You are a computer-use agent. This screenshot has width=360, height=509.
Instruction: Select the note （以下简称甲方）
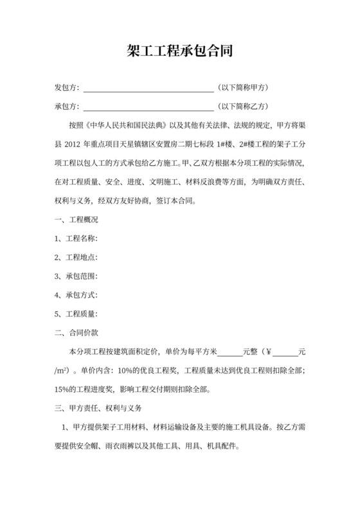[x=242, y=87]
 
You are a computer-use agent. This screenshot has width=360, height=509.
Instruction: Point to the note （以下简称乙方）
[x=242, y=106]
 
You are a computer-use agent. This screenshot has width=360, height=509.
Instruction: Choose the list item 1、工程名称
[x=76, y=239]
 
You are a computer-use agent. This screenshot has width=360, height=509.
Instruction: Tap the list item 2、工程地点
[x=76, y=258]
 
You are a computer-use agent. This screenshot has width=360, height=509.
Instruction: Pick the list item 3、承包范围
[x=76, y=276]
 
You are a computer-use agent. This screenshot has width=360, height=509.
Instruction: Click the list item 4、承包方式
[x=76, y=296]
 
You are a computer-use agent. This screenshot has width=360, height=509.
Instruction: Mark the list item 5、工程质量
[x=76, y=314]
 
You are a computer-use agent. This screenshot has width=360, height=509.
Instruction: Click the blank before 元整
[x=230, y=353]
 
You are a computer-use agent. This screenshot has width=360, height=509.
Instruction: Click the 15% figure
[x=62, y=389]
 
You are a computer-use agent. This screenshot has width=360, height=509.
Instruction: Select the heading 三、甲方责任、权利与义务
[x=98, y=409]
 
